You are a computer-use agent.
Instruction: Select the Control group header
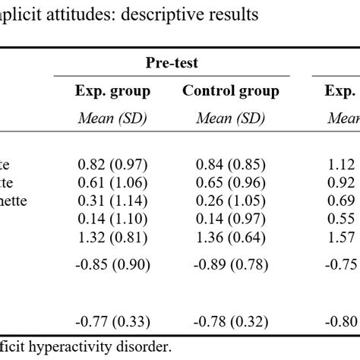231,91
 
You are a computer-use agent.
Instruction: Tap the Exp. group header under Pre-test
112,91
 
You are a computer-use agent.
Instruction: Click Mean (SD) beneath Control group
231,118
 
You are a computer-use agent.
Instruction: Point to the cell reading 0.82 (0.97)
113,165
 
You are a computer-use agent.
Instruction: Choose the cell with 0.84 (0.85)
231,165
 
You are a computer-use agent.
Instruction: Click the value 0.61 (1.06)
113,183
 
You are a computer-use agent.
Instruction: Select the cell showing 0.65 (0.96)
231,183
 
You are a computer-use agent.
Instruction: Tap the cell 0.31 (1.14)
113,201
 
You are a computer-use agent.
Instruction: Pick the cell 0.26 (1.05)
231,201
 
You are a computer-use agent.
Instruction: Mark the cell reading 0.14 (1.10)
113,219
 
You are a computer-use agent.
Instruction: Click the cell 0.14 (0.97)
231,219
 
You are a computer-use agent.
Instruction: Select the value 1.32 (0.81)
113,238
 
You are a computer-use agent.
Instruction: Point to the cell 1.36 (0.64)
231,238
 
